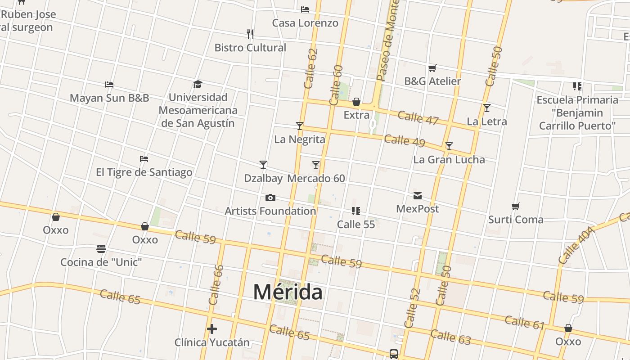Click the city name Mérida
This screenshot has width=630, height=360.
(x=288, y=292)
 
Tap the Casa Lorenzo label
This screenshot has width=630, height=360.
(x=305, y=23)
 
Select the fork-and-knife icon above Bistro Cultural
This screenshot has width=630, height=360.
(x=250, y=33)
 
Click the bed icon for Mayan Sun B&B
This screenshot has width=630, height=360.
(x=109, y=84)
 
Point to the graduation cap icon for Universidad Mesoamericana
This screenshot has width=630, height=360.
(x=198, y=84)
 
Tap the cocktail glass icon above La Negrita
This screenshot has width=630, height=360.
(x=300, y=126)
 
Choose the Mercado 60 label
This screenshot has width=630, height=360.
(x=316, y=179)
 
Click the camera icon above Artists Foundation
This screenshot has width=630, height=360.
(x=270, y=198)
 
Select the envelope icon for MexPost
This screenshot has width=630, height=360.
(x=418, y=195)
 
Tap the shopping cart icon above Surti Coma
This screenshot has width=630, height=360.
(x=516, y=207)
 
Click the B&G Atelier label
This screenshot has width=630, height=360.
(x=432, y=81)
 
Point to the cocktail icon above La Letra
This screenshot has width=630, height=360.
(x=486, y=108)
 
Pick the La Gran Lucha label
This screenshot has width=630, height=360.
(x=449, y=160)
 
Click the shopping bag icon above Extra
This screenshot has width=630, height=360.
(x=356, y=102)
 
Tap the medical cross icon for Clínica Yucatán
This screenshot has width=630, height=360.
(x=212, y=329)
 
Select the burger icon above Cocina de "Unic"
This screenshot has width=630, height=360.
(x=101, y=248)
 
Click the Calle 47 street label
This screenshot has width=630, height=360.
(x=418, y=118)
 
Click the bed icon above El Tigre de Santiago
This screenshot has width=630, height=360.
(x=144, y=158)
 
